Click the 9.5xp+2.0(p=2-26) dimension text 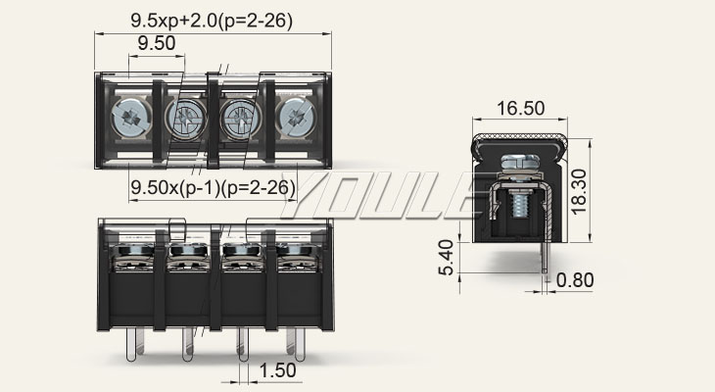[212, 21]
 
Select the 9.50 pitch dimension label [157, 43]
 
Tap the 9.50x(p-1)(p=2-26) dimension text [213, 187]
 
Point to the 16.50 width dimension [520, 109]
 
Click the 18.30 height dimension [579, 192]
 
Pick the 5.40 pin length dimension [446, 258]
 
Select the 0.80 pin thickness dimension [575, 280]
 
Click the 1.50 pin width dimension [277, 370]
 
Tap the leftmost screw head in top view [131, 119]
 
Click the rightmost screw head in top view [296, 119]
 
